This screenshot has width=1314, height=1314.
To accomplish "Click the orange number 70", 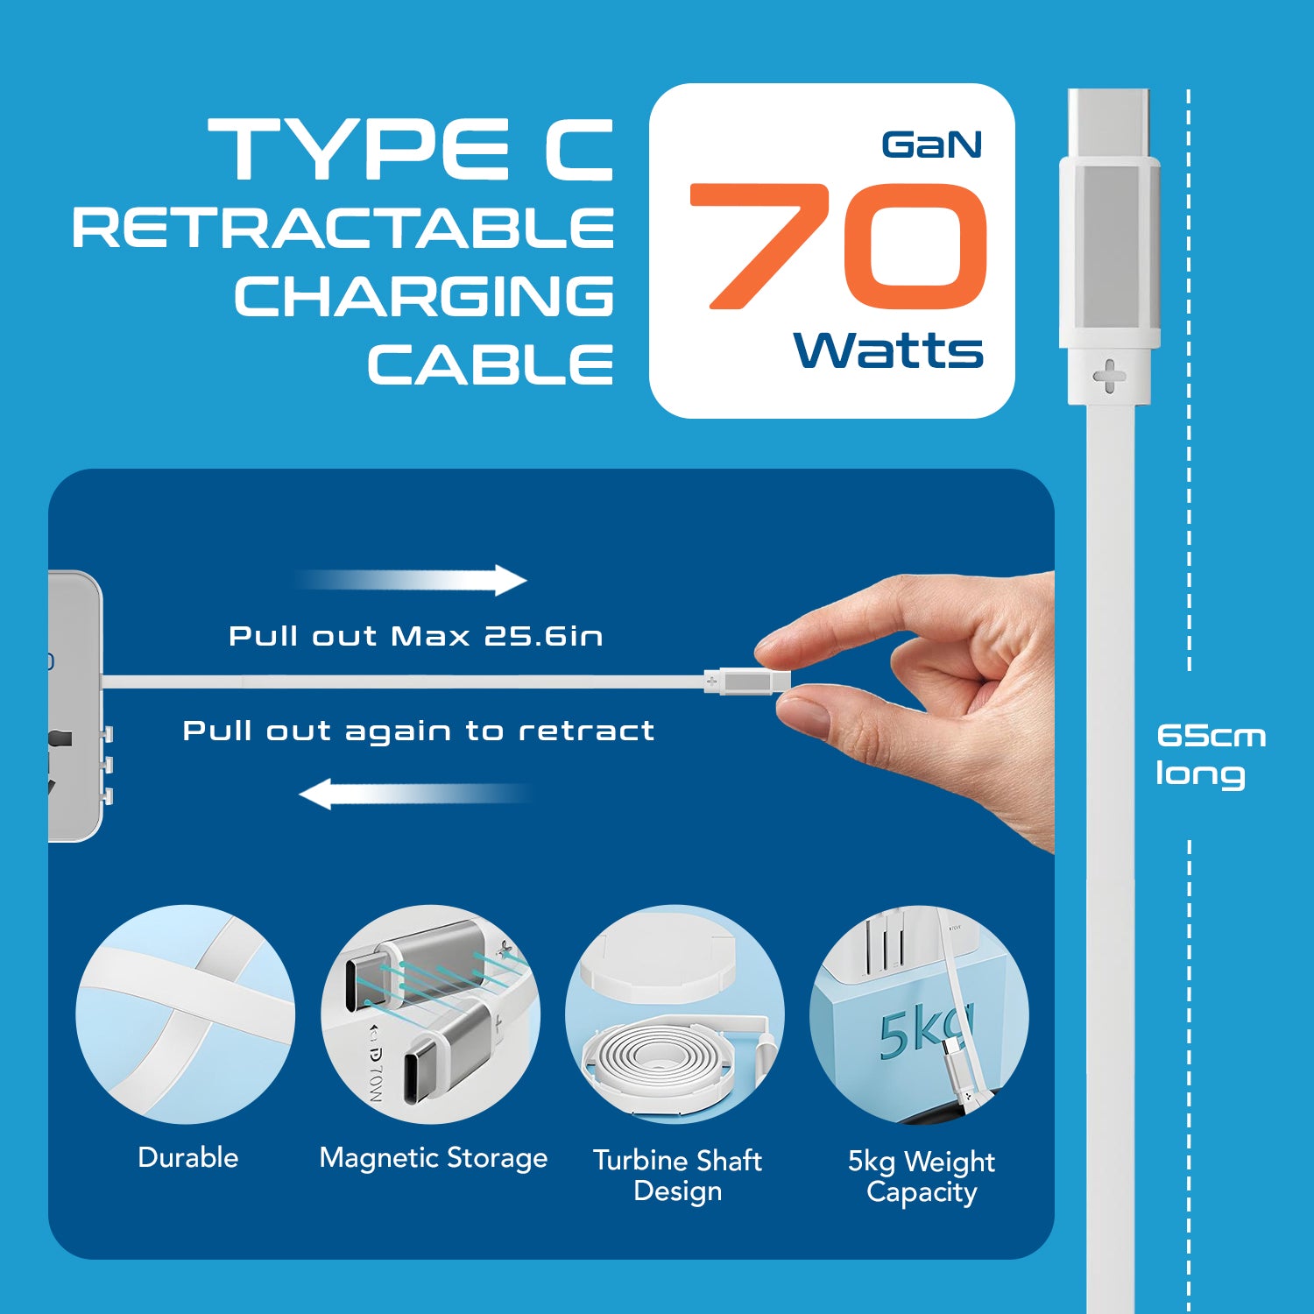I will [x=839, y=246].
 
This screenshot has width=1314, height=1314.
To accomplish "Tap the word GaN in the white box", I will [x=931, y=145].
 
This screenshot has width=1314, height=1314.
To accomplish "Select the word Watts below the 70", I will [x=887, y=350].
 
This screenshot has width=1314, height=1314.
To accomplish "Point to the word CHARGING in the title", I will [x=423, y=296].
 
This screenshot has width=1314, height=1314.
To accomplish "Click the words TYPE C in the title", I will [x=410, y=150].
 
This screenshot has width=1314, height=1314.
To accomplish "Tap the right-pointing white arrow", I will [x=412, y=580].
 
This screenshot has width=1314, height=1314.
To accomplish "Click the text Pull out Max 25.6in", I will [x=415, y=636].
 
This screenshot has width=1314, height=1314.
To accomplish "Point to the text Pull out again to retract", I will [x=418, y=731].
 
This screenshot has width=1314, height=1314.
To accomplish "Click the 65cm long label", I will [x=1210, y=754].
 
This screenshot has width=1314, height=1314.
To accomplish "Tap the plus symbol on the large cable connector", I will [x=1109, y=377].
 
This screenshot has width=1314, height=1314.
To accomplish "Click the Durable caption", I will [x=187, y=1157].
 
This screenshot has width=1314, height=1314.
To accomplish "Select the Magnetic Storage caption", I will [x=433, y=1158].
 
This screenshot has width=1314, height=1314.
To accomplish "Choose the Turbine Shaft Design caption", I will [x=677, y=1176].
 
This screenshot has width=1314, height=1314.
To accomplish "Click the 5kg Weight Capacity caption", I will [x=921, y=1176].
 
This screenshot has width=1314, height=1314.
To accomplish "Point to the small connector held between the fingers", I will [x=747, y=681].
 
